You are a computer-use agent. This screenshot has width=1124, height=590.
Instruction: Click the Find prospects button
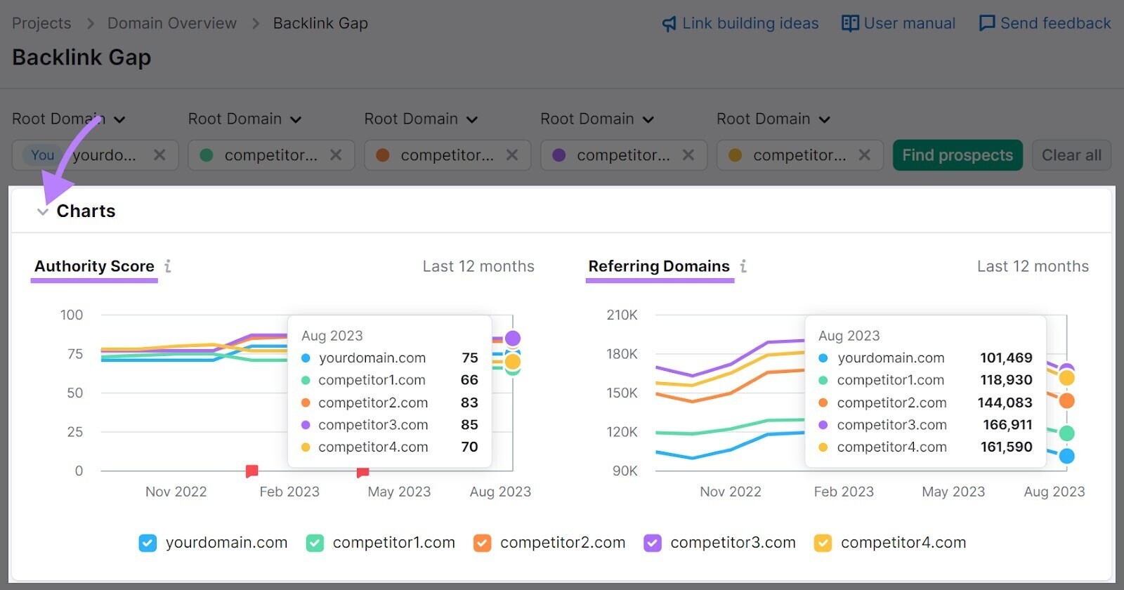point(957,155)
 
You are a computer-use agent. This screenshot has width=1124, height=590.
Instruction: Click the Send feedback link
point(1045,23)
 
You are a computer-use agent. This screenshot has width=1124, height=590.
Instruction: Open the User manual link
point(898,23)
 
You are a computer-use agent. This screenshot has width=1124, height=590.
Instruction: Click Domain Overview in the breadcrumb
point(171,23)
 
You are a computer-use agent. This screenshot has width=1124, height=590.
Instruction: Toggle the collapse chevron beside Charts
point(43,211)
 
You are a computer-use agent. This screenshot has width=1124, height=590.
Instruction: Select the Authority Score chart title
point(94,266)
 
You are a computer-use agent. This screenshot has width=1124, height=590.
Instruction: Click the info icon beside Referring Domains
point(743,266)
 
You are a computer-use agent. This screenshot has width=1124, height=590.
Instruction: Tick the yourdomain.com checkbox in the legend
point(148,543)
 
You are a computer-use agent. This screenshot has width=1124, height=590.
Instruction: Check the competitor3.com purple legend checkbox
point(653,543)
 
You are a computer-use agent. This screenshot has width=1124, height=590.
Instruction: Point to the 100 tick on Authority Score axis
point(72,315)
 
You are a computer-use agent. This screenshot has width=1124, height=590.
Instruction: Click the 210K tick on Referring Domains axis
point(622,315)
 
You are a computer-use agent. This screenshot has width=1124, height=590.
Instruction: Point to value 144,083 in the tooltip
point(1005,402)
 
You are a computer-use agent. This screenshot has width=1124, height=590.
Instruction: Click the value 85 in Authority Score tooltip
point(469,425)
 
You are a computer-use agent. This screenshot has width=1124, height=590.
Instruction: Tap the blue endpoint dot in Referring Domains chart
point(1066,456)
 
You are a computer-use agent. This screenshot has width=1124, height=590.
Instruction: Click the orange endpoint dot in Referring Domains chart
point(1066,401)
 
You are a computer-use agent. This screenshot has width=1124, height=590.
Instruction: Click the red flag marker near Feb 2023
point(251,471)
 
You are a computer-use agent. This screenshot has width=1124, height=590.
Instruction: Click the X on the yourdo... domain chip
point(160,155)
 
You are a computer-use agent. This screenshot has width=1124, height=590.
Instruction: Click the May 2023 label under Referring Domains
point(953,492)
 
